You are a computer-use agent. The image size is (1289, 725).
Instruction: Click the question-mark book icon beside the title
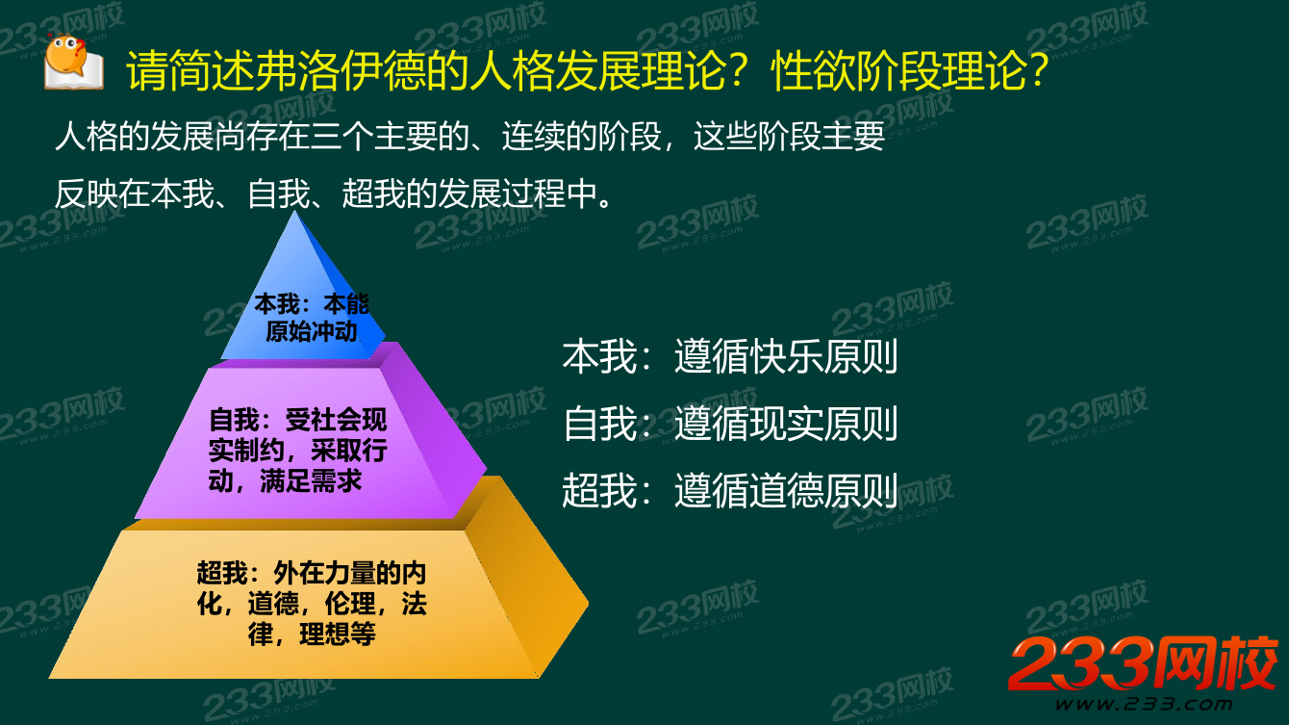coord(74,64)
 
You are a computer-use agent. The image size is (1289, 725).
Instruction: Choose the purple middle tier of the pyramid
coord(308,443)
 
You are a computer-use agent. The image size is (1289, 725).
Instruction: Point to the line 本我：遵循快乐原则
coord(729,357)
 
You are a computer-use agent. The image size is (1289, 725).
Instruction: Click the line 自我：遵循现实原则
coord(729,424)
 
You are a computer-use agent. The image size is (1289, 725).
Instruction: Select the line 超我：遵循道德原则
coord(729,490)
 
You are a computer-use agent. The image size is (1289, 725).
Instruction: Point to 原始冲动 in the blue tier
coord(311,332)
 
